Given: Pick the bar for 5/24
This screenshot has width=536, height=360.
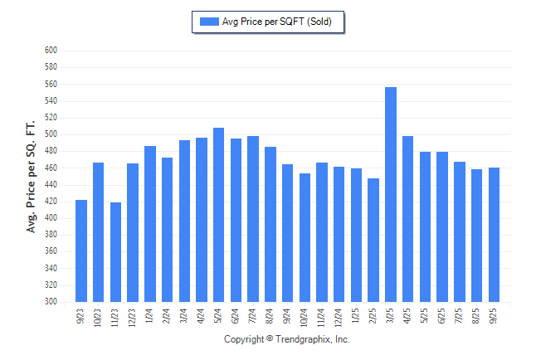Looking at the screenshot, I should click(219, 215).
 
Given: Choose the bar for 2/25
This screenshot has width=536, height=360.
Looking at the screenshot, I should click(373, 240).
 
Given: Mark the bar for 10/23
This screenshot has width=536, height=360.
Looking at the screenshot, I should click(99, 232).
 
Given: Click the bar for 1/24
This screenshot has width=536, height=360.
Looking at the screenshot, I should click(150, 224).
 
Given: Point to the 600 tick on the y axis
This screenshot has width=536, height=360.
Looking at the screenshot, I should click(51, 51).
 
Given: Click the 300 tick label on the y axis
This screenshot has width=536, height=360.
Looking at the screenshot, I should click(51, 302).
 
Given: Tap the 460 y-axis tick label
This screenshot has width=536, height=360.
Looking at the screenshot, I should click(51, 168).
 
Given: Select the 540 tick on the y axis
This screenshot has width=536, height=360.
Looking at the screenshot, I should click(51, 101).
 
